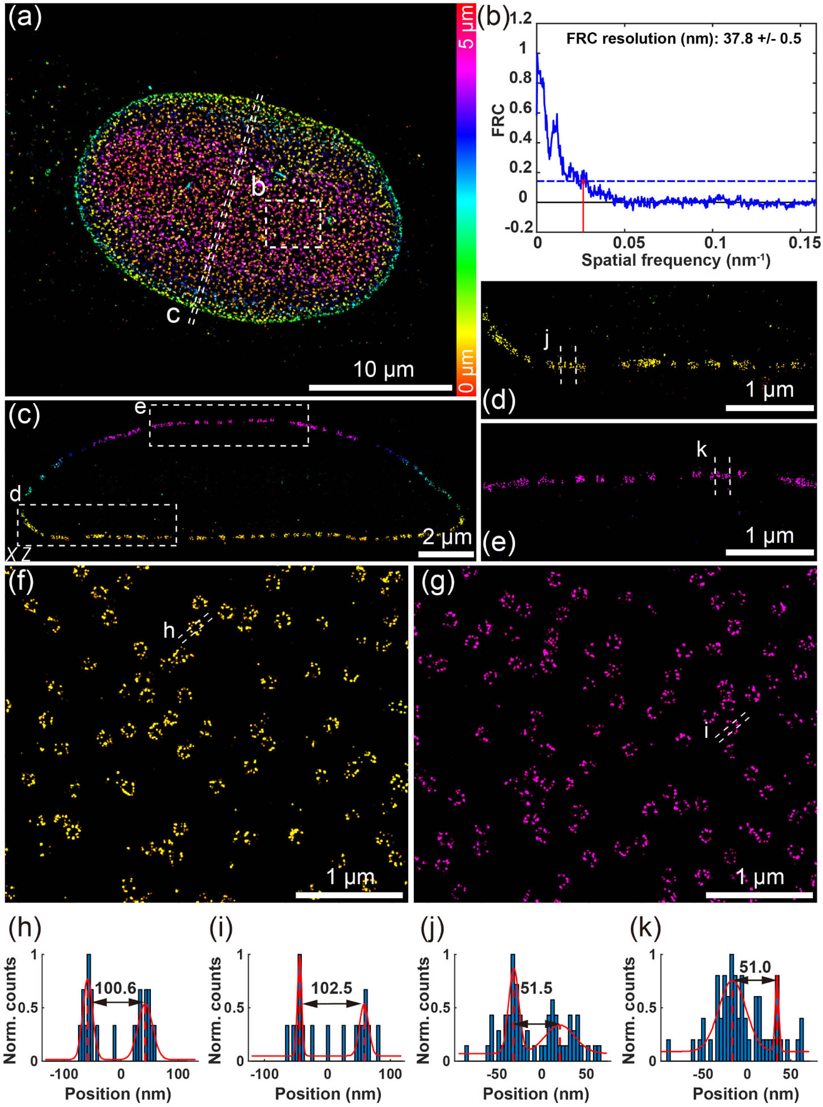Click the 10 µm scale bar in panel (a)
point(380,388)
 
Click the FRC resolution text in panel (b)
point(683,38)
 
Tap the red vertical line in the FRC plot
point(583,207)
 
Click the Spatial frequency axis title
point(675,261)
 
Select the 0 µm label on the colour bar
point(466,370)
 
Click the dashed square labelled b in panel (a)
point(293,223)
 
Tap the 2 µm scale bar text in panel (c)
point(447,537)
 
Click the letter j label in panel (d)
point(547,339)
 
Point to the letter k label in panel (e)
point(701,449)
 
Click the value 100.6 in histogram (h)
point(115,988)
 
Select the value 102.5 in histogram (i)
point(332,988)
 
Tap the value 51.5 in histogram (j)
point(536,988)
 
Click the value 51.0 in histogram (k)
point(755,967)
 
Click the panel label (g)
point(438,582)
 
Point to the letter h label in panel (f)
point(169,630)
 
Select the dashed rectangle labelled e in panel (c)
point(229,425)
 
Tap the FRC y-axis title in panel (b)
point(498,119)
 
